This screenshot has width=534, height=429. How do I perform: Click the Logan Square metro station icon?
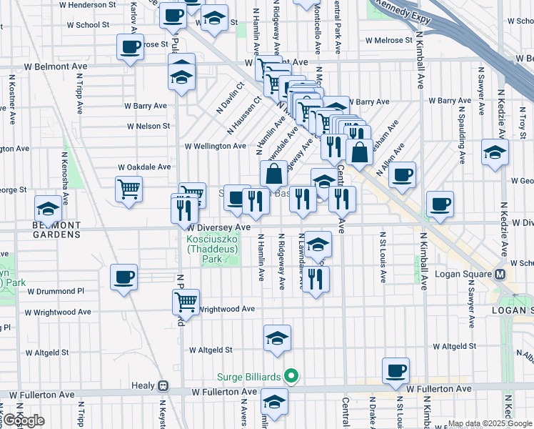(x=500, y=275)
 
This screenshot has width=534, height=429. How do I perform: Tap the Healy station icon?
(x=163, y=385)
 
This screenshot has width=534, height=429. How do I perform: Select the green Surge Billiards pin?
(x=291, y=375)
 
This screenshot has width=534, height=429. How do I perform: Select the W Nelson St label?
(x=148, y=126)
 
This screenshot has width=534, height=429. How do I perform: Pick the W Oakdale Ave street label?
(x=145, y=167)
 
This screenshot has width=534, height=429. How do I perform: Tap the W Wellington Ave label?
(x=215, y=146)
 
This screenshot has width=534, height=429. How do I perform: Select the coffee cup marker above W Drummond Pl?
(x=124, y=277)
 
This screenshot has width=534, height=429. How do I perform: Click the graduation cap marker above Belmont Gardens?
(x=48, y=208)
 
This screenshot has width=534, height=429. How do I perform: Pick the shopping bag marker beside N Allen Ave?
(x=359, y=152)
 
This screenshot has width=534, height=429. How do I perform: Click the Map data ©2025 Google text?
(x=490, y=423)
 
